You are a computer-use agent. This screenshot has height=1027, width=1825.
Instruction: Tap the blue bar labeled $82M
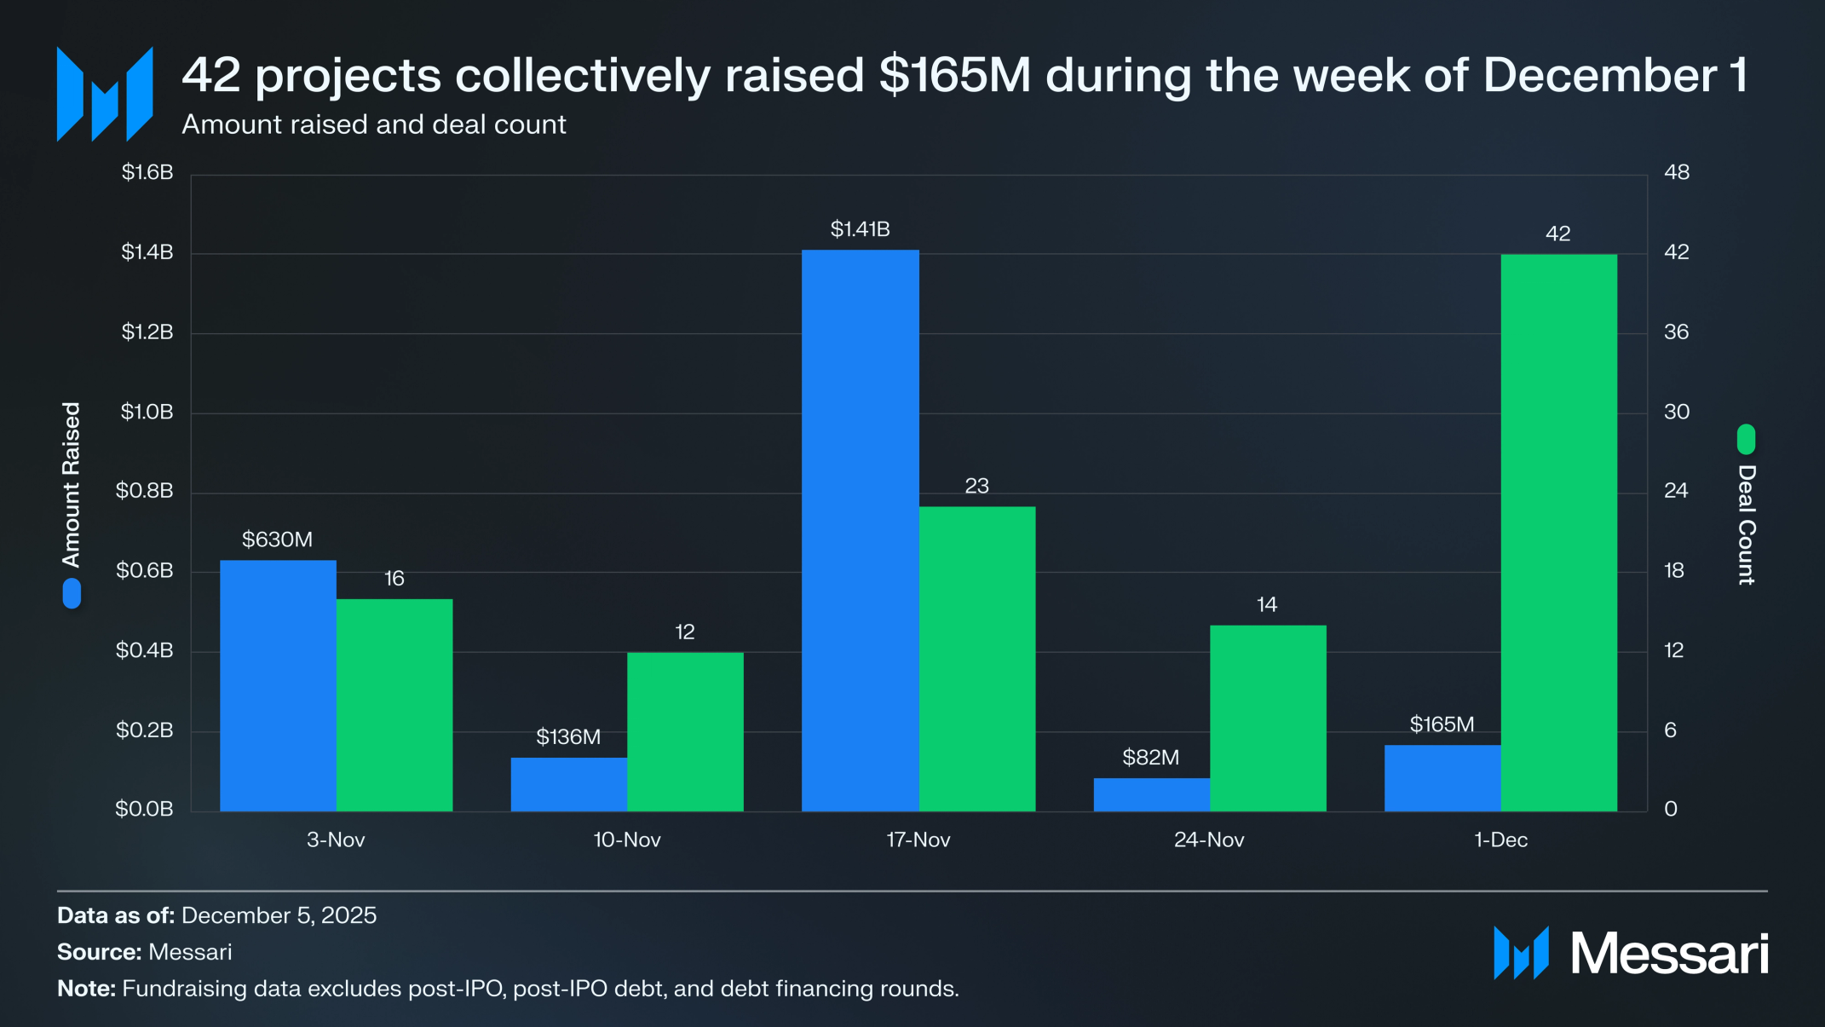point(1151,794)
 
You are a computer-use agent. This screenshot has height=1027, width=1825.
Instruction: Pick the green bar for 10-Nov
point(685,731)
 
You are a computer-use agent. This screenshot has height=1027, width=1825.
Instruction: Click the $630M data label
point(277,539)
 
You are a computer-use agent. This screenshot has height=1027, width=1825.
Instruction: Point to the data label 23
point(976,486)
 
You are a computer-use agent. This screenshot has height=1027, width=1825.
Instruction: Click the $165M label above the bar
point(1442,724)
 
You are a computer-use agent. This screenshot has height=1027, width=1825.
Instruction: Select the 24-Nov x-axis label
point(1209,839)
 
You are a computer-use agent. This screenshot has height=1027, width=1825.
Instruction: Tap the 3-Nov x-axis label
point(336,839)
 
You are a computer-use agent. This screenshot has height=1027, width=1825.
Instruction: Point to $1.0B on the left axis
point(147,412)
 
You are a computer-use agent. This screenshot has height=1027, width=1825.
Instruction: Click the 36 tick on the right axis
point(1676,332)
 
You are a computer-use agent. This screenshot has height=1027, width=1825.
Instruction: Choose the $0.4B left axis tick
point(145,650)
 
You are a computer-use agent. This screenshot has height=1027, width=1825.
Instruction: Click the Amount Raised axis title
point(72,484)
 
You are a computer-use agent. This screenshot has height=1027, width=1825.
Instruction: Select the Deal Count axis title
point(1747,524)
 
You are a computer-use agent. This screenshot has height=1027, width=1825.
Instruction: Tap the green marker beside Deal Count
point(1746,439)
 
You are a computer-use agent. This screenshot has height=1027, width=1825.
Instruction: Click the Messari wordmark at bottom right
point(1668,953)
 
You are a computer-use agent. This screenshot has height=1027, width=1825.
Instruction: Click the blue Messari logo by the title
point(105,94)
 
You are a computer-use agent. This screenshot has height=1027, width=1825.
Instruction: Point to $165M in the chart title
point(955,75)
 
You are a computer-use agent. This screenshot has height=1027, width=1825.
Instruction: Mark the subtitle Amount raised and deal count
point(374,124)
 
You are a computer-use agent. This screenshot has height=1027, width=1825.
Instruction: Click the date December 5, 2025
point(279,915)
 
